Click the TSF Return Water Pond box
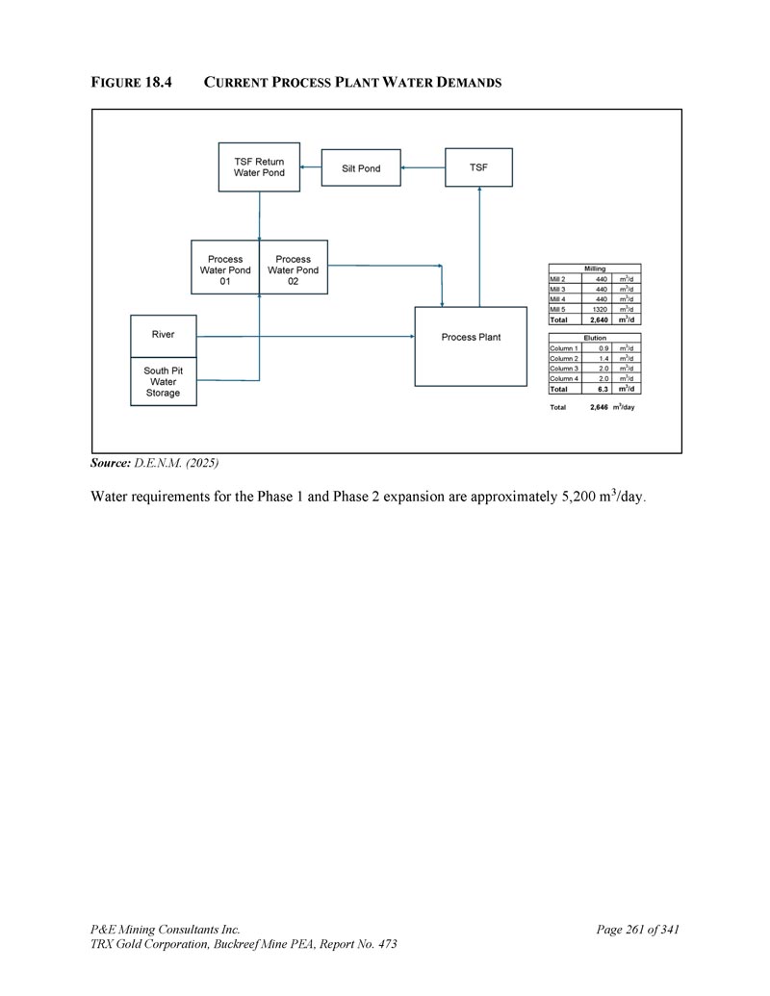[259, 167]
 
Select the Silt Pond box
[361, 168]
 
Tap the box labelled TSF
[478, 167]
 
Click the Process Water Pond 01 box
[225, 269]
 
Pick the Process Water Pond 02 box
[293, 269]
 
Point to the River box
[164, 335]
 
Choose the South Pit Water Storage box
[164, 382]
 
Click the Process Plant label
[471, 338]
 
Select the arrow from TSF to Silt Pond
[423, 168]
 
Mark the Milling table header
[595, 268]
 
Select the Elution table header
[595, 338]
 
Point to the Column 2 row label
[563, 359]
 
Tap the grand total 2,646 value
[599, 407]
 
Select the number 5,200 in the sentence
[581, 498]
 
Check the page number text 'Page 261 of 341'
[638, 930]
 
